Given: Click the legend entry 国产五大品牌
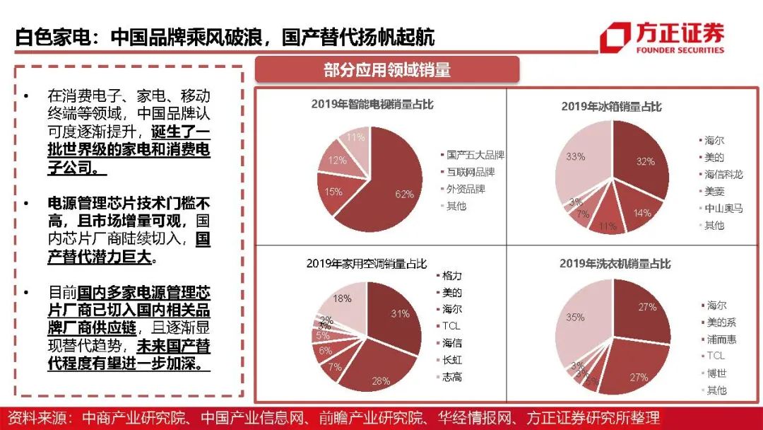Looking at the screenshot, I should pos(475,155).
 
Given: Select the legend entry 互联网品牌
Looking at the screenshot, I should pos(471,172).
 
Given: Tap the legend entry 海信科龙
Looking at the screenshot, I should pos(723,174).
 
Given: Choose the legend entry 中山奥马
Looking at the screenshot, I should pos(723,208).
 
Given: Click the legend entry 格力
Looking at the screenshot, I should pos(452,275).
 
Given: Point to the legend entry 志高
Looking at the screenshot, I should pos(452,377).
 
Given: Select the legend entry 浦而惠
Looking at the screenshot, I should pos(721,339).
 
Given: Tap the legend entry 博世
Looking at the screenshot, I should pos(716,373).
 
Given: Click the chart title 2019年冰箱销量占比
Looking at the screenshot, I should pos(611,107).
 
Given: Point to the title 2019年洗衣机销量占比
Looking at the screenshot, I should pos(615,263).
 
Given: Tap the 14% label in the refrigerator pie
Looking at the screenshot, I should pos(642,212).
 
